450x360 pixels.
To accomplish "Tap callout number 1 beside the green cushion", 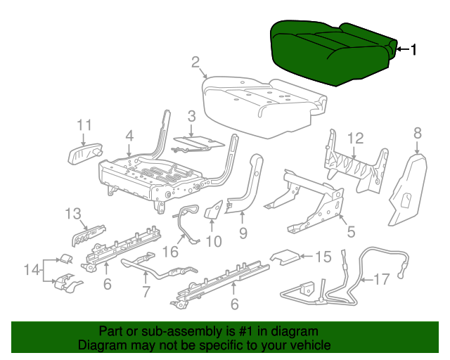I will pyautogui.click(x=413, y=49).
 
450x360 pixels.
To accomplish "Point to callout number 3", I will pyautogui.click(x=191, y=116).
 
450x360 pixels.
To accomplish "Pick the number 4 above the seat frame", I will pyautogui.click(x=129, y=135).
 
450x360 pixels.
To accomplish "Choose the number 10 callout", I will pyautogui.click(x=213, y=241).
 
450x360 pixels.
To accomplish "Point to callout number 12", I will pyautogui.click(x=354, y=138).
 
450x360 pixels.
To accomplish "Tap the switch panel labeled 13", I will pyautogui.click(x=88, y=231).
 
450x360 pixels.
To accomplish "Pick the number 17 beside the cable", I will pyautogui.click(x=380, y=280).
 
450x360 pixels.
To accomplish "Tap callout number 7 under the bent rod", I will pyautogui.click(x=146, y=290).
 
